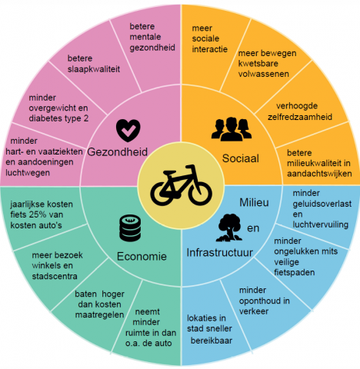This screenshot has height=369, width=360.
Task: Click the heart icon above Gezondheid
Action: pyautogui.click(x=128, y=130)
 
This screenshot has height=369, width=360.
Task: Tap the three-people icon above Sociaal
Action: pyautogui.click(x=232, y=129)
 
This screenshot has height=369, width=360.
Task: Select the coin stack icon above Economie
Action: pyautogui.click(x=130, y=228)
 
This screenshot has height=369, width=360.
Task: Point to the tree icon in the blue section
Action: pyautogui.click(x=229, y=228)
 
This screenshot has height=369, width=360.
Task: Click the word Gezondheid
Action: pyautogui.click(x=118, y=152)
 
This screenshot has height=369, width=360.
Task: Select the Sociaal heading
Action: pyautogui.click(x=241, y=158)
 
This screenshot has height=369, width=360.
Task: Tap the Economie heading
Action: pyautogui.click(x=142, y=256)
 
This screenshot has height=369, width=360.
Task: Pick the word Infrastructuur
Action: pyautogui.click(x=220, y=253)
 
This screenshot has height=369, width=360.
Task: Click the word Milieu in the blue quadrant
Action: pyautogui.click(x=254, y=202)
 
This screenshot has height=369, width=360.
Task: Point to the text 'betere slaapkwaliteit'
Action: pyautogui.click(x=94, y=64)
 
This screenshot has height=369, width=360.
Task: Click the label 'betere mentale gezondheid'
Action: pyautogui.click(x=152, y=37)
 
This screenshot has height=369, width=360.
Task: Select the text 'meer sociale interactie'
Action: pyautogui.click(x=210, y=38)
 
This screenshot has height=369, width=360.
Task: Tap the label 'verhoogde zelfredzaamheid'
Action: pyautogui.click(x=300, y=111)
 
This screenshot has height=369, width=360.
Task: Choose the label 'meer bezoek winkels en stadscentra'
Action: pyautogui.click(x=57, y=266)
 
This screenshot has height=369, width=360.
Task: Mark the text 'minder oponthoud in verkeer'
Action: pyautogui.click(x=265, y=301)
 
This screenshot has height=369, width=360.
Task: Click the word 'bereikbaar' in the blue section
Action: pyautogui.click(x=212, y=341)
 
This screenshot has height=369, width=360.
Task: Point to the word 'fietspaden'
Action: pyautogui.click(x=295, y=272)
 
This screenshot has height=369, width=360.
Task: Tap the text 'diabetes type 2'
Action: pyautogui.click(x=58, y=118)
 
